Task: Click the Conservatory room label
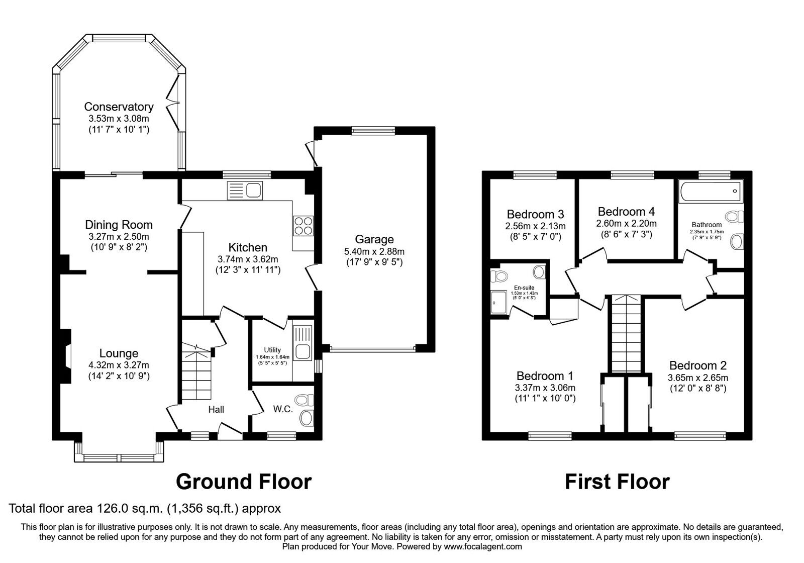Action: [x=119, y=107]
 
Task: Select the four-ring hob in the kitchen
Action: [x=303, y=225]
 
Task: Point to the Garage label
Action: [x=374, y=239]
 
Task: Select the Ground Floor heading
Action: [x=244, y=482]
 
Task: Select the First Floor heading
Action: [x=617, y=482]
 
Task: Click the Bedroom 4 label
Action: [x=626, y=211]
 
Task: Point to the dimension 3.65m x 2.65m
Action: [x=697, y=378]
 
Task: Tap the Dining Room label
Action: [x=119, y=225]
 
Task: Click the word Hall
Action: [x=216, y=410]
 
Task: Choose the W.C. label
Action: [x=283, y=409]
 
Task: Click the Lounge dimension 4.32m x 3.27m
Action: [x=119, y=365]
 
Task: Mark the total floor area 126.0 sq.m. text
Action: [x=145, y=508]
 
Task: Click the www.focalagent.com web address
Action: [x=482, y=546]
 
